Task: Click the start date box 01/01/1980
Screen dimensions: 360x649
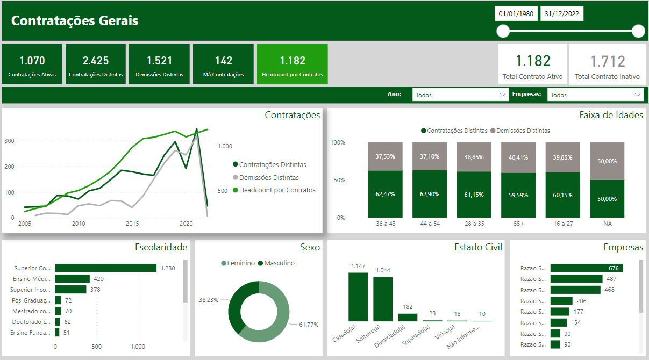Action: point(516,14)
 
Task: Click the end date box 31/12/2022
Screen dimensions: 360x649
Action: point(561,14)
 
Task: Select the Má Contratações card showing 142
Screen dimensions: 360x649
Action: point(223,64)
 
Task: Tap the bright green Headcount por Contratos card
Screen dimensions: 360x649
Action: point(293,64)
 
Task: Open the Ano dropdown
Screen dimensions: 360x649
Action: point(460,95)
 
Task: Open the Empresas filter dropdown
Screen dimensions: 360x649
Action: point(595,95)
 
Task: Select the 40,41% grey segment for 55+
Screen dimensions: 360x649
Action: point(518,157)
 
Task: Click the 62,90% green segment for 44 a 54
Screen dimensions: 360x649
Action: point(430,193)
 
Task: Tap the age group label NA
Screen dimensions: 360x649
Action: point(607,224)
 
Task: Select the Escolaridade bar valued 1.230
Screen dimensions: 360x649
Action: point(105,268)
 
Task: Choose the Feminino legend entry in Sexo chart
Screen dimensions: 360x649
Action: point(238,263)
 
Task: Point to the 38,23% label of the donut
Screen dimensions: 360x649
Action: point(209,299)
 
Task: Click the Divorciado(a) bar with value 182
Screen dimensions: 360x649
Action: point(408,318)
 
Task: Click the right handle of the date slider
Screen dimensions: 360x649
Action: point(638,31)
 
